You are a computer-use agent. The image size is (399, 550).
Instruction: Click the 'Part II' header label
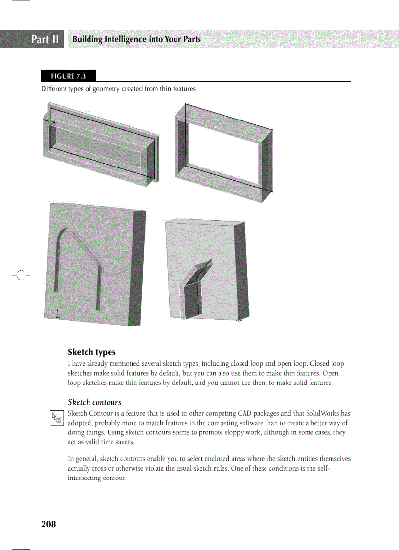coord(45,39)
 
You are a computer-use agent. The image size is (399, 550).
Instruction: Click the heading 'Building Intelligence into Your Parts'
coord(136,39)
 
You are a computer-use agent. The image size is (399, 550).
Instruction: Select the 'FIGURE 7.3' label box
coord(68,76)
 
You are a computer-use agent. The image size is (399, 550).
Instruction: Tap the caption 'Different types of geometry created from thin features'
coord(118,89)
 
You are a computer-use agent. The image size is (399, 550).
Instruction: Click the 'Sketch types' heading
coord(92,352)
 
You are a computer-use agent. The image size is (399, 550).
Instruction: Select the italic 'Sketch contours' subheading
coord(94,402)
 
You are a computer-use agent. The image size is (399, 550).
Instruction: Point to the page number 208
coord(48,525)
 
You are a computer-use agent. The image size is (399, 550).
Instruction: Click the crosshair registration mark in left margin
coord(20,275)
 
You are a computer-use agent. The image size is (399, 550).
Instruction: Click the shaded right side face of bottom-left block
coord(136,269)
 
